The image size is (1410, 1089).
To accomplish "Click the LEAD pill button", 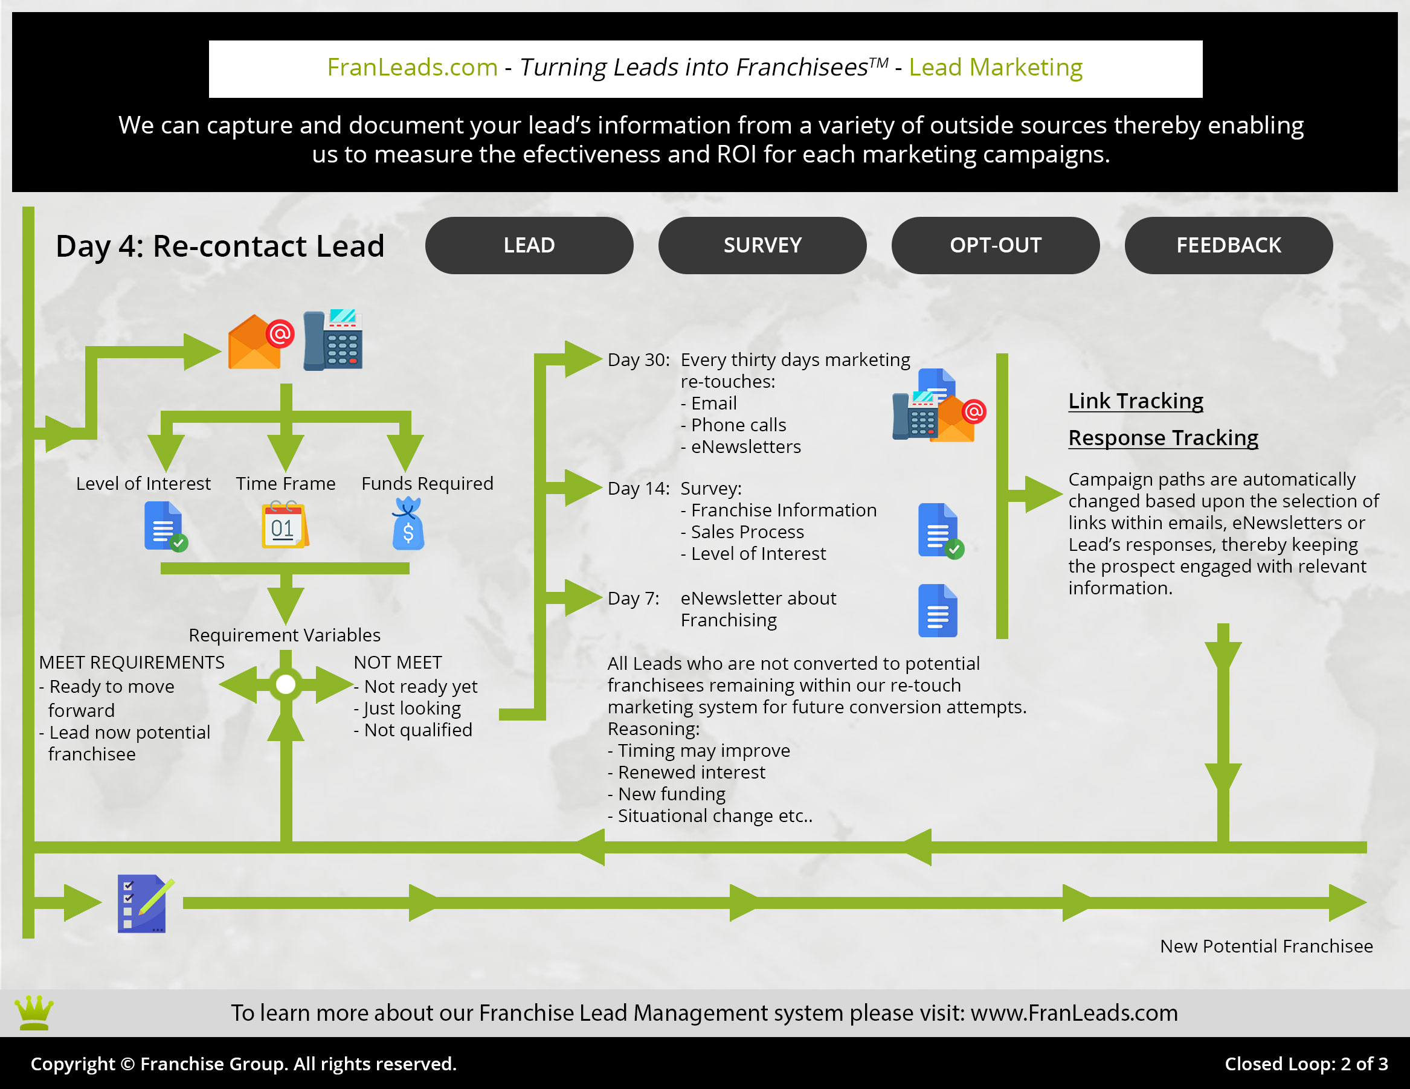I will pyautogui.click(x=529, y=245).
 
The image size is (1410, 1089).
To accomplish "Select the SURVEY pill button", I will pyautogui.click(x=762, y=245).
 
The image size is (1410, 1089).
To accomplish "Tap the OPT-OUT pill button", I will pyautogui.click(x=995, y=245).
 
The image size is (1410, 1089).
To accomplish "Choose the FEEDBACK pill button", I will pyautogui.click(x=1228, y=245).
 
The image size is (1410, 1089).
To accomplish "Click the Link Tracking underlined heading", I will pyautogui.click(x=1135, y=401).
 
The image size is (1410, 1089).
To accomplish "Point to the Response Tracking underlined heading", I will pyautogui.click(x=1162, y=438).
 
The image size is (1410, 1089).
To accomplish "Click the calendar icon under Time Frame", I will pyautogui.click(x=284, y=525).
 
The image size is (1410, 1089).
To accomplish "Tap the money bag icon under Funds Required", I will pyautogui.click(x=407, y=524).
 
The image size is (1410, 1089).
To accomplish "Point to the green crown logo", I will pyautogui.click(x=34, y=1012).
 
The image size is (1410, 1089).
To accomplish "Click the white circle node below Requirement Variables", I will pyautogui.click(x=285, y=684).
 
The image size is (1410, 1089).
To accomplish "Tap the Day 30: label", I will pyautogui.click(x=638, y=359).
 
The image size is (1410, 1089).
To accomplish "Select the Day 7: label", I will pyautogui.click(x=633, y=599).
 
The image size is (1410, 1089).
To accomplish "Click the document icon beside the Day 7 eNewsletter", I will pyautogui.click(x=937, y=611).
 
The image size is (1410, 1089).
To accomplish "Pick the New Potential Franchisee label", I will pyautogui.click(x=1266, y=946).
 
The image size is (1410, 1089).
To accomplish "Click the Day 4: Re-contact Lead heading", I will pyautogui.click(x=219, y=246).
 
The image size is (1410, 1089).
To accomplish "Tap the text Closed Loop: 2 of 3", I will pyautogui.click(x=1305, y=1063).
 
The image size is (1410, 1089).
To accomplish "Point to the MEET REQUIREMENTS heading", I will pyautogui.click(x=132, y=663).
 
